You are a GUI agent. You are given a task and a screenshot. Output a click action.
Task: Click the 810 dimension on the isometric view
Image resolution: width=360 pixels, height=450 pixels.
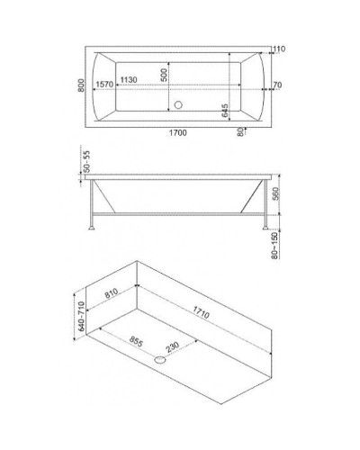coord(112,293)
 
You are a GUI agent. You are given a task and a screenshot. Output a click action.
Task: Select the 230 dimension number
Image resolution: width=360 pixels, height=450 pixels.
coord(171,346)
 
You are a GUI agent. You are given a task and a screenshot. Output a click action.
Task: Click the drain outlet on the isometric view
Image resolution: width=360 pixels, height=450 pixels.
coord(160,358)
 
